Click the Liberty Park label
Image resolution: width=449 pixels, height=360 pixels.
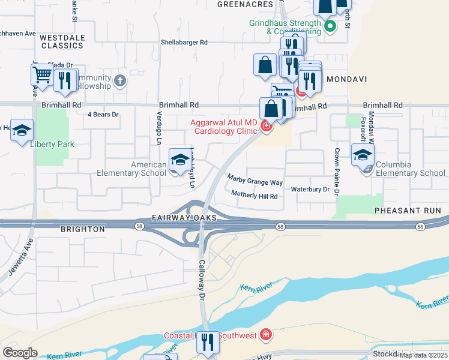(51, 145)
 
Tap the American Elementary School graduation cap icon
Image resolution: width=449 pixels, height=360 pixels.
(179, 159)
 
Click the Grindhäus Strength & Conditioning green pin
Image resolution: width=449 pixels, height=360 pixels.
(329, 26)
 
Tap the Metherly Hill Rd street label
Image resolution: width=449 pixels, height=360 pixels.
(255, 196)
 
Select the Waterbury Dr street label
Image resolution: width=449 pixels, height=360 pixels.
(310, 189)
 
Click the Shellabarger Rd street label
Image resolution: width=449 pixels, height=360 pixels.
(184, 43)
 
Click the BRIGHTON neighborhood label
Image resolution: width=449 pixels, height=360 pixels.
(83, 229)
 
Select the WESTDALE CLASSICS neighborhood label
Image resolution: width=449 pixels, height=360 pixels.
(62, 41)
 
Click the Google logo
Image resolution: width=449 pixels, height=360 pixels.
(20, 353)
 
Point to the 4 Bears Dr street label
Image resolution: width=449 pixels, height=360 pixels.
(103, 114)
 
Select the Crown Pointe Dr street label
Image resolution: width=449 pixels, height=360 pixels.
(337, 171)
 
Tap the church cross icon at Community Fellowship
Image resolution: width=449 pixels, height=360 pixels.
(120, 80)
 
